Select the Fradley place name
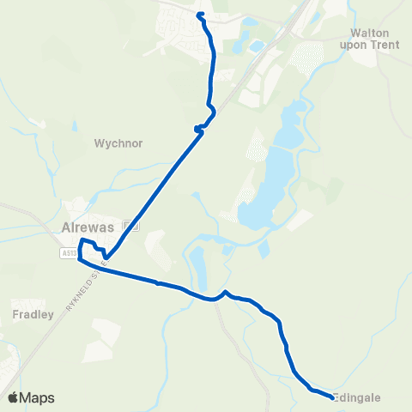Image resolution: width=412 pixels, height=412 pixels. (x=33, y=314)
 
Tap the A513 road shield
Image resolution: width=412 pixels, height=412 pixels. (x=68, y=253)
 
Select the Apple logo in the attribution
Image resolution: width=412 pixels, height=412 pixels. (x=14, y=397)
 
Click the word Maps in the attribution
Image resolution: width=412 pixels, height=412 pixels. (x=38, y=397)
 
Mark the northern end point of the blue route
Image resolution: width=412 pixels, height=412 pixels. (x=200, y=15)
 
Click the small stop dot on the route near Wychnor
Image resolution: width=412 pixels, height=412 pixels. (x=197, y=129)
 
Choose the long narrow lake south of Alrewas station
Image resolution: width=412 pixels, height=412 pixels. (x=197, y=262)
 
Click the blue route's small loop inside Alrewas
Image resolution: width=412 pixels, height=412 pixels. (x=89, y=248)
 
